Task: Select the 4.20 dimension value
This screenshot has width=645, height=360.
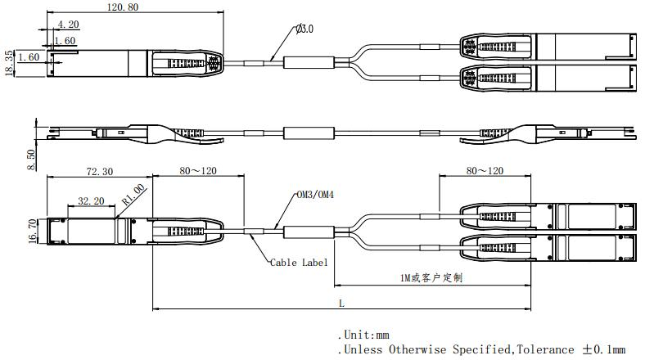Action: pyautogui.click(x=68, y=25)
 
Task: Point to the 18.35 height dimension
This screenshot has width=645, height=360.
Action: pyautogui.click(x=9, y=63)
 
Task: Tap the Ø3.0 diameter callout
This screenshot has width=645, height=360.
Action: pyautogui.click(x=304, y=29)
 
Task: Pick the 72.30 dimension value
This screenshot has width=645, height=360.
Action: pyautogui.click(x=99, y=172)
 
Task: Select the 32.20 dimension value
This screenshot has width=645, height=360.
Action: pyautogui.click(x=91, y=200)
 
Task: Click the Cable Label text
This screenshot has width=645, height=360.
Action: pyautogui.click(x=299, y=263)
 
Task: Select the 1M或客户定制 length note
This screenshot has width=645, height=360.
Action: pyautogui.click(x=431, y=278)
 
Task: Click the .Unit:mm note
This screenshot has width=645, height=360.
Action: pyautogui.click(x=363, y=335)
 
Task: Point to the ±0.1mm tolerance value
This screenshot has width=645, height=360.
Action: pyautogui.click(x=604, y=349)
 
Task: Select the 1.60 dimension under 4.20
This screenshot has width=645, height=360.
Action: pyautogui.click(x=65, y=41)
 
